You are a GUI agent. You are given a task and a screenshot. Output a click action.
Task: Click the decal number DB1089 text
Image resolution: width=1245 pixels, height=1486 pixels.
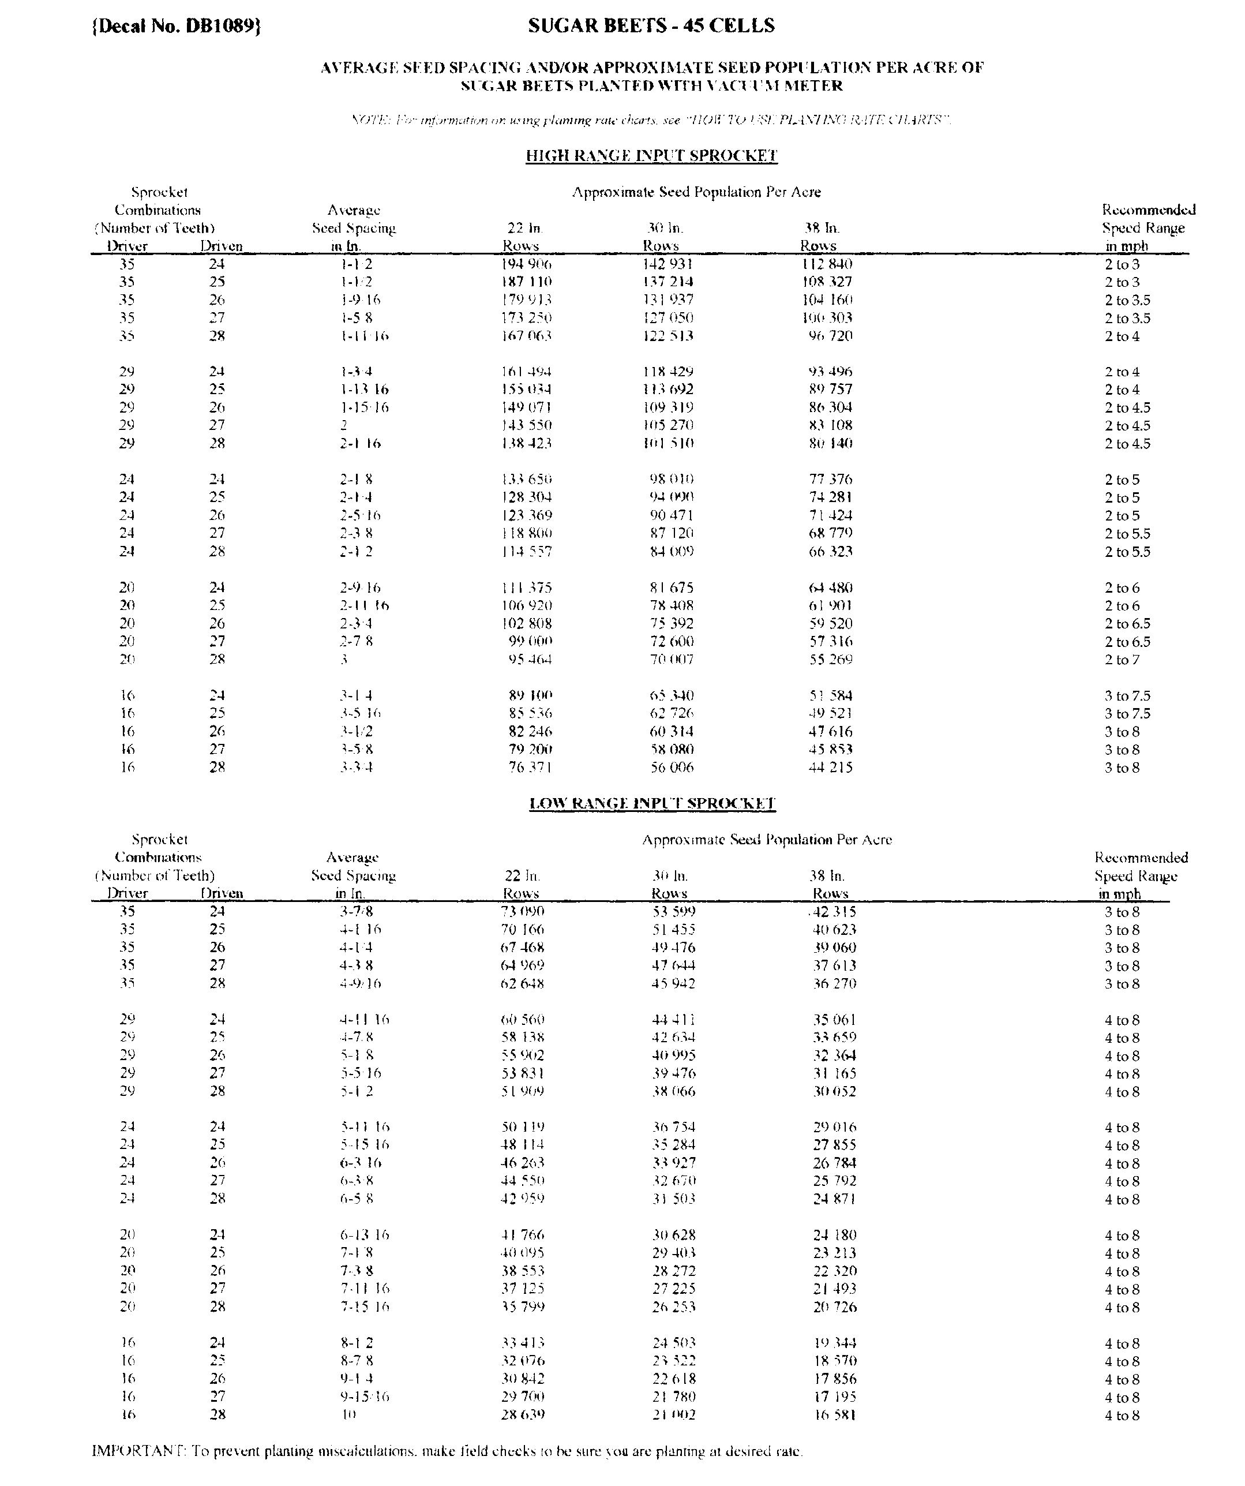pyautogui.click(x=177, y=26)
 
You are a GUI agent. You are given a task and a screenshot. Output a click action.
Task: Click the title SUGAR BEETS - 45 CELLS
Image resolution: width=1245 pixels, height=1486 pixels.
pyautogui.click(x=651, y=26)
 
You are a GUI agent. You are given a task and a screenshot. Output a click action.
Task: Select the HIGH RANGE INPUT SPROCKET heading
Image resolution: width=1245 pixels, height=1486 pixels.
pyautogui.click(x=651, y=156)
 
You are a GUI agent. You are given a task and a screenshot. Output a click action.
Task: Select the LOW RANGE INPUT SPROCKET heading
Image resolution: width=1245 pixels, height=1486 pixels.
pyautogui.click(x=652, y=803)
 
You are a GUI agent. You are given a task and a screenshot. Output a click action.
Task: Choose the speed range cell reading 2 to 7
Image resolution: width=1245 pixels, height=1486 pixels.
pyautogui.click(x=1122, y=660)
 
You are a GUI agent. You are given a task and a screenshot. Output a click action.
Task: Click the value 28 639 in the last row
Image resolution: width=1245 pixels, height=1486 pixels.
pyautogui.click(x=522, y=1414)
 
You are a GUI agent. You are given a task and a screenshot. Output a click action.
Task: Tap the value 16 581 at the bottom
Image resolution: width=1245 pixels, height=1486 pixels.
pyautogui.click(x=835, y=1414)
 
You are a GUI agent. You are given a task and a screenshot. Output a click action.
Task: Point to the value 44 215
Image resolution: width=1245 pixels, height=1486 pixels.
pyautogui.click(x=830, y=768)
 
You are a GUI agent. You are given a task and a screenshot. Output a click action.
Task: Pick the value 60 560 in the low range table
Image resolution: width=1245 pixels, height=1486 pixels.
pyautogui.click(x=522, y=1020)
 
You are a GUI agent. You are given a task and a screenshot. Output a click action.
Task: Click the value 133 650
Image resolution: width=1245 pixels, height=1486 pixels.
pyautogui.click(x=526, y=480)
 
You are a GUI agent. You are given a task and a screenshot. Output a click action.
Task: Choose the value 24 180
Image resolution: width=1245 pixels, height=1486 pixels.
pyautogui.click(x=835, y=1236)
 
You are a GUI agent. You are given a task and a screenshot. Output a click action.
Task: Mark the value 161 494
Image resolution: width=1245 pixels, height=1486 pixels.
pyautogui.click(x=526, y=372)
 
